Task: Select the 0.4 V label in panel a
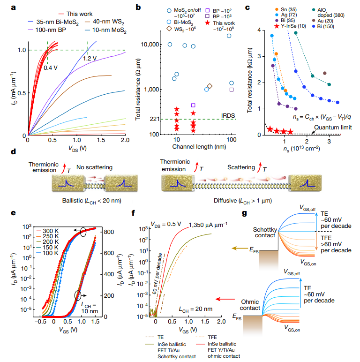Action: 50,68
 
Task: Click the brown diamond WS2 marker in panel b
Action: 210,86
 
